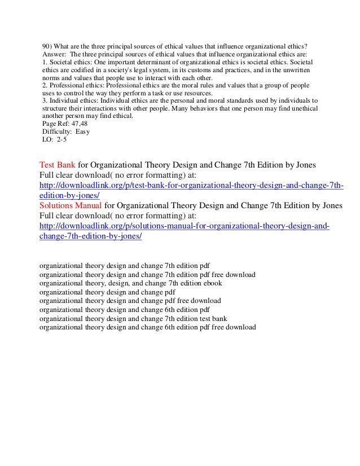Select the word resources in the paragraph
tap(195, 93)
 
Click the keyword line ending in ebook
tap(131, 283)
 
